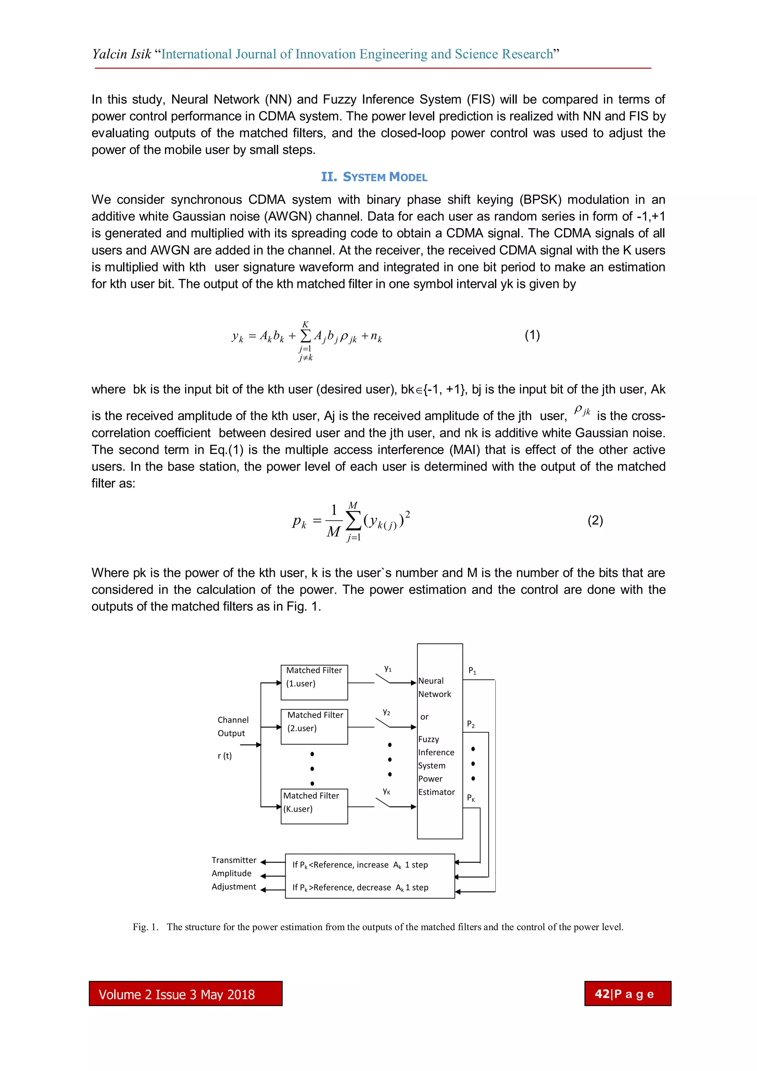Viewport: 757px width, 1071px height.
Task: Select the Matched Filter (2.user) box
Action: (314, 727)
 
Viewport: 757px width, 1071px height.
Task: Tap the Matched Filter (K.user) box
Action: (314, 806)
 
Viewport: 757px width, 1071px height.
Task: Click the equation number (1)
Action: (532, 335)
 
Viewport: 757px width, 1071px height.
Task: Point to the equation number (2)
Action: (595, 521)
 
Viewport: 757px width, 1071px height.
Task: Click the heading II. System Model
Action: (374, 177)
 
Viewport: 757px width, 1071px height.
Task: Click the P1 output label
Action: (472, 671)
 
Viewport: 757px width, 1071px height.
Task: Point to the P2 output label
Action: (471, 724)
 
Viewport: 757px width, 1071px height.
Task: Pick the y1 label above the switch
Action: (388, 668)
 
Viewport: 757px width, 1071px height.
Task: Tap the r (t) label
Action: (225, 756)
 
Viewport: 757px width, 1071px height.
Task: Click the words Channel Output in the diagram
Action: (233, 726)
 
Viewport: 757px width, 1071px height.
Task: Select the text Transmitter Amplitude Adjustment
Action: (234, 873)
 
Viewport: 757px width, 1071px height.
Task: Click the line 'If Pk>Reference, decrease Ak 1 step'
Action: (360, 888)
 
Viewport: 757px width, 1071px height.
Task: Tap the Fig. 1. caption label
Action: (145, 927)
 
